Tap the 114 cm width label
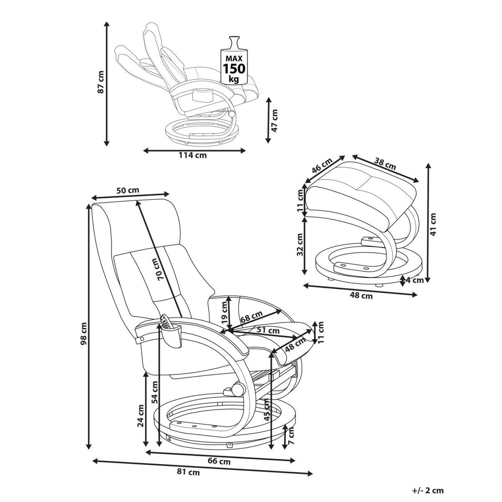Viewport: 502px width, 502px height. pos(192,155)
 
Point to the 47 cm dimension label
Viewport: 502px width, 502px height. pos(274,121)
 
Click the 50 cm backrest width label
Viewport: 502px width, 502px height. pos(128,190)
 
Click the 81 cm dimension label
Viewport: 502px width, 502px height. pos(188,473)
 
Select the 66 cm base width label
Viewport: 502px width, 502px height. pos(219,462)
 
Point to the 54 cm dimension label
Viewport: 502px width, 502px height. pos(155,392)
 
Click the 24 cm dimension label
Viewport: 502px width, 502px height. pos(141,416)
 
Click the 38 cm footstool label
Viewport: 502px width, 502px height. pos(385,164)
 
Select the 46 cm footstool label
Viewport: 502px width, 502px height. pos(322,166)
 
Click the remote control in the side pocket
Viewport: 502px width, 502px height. pos(166,322)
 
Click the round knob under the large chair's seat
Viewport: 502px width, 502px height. pos(238,389)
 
